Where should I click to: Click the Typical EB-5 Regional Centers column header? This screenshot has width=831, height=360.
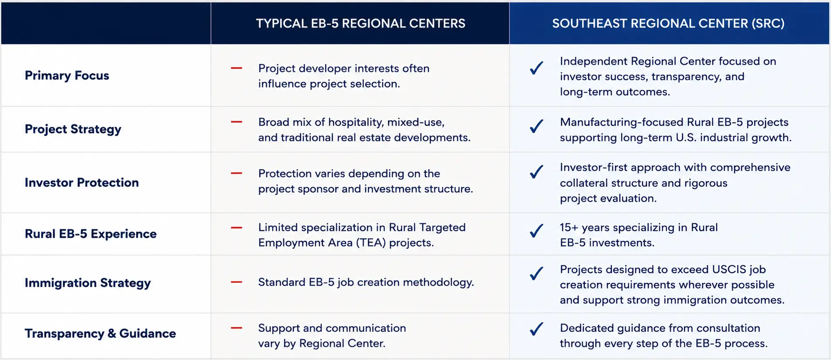point(360,23)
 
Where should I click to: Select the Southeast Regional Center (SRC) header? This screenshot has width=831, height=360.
point(668,23)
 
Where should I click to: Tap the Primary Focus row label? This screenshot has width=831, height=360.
point(67,75)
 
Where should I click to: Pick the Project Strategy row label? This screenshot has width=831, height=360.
point(73,129)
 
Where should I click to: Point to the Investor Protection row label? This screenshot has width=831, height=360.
point(82,182)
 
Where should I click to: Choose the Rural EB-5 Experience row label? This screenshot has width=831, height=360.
point(91,234)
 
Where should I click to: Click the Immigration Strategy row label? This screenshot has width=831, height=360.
point(88,283)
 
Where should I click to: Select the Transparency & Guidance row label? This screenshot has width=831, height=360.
point(100,333)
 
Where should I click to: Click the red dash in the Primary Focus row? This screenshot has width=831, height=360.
point(236,68)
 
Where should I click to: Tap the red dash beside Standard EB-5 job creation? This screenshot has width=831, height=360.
point(236,282)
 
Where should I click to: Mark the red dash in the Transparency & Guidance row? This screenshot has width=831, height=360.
point(236,328)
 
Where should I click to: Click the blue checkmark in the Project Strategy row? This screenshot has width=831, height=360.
point(537,126)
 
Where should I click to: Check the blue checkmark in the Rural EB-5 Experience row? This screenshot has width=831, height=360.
point(537,230)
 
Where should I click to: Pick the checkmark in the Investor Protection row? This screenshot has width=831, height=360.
point(537,171)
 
